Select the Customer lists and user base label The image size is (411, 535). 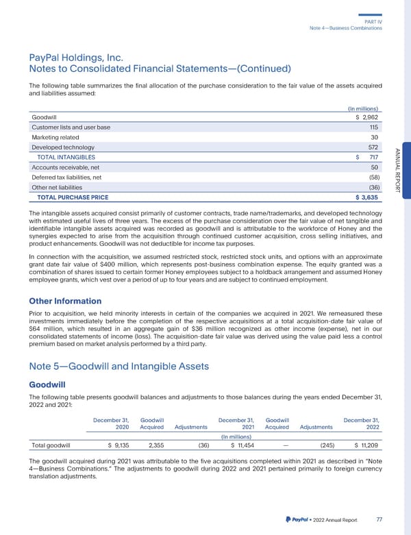71,127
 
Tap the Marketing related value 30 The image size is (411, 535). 374,138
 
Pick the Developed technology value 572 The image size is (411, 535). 373,147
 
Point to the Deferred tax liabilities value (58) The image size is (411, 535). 372,177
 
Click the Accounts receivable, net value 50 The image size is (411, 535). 374,167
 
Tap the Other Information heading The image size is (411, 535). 65,301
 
